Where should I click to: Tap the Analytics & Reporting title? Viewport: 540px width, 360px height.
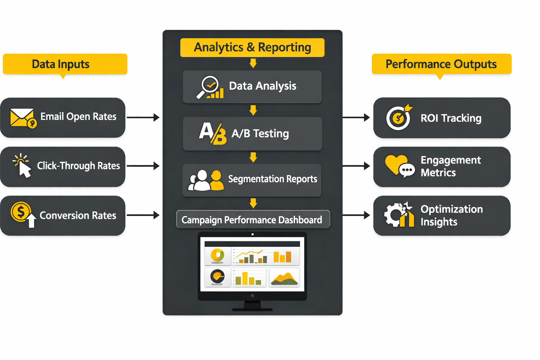click(x=252, y=47)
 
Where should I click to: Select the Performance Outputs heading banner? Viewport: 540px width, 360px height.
click(x=441, y=64)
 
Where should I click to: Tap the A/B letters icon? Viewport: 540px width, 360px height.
click(x=213, y=134)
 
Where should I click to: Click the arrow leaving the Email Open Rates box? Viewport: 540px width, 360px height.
click(x=143, y=117)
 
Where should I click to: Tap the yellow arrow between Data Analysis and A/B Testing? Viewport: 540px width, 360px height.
click(x=253, y=110)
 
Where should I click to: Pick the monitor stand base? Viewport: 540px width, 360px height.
click(x=252, y=309)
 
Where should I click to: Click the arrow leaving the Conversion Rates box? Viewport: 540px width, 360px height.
click(x=143, y=215)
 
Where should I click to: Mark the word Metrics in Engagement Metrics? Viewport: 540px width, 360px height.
click(x=438, y=173)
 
